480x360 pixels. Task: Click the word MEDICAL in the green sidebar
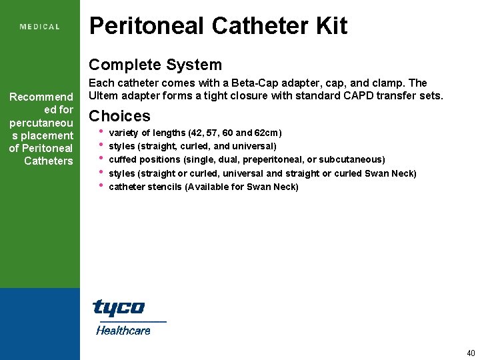click(40, 27)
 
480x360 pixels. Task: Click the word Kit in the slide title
click(331, 26)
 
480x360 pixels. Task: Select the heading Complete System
click(155, 65)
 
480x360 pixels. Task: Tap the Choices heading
click(120, 116)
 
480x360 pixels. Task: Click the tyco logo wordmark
click(118, 307)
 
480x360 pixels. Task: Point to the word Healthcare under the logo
click(123, 330)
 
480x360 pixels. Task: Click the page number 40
click(471, 353)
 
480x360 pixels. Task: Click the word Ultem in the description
click(103, 95)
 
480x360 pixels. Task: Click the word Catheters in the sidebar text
click(48, 161)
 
